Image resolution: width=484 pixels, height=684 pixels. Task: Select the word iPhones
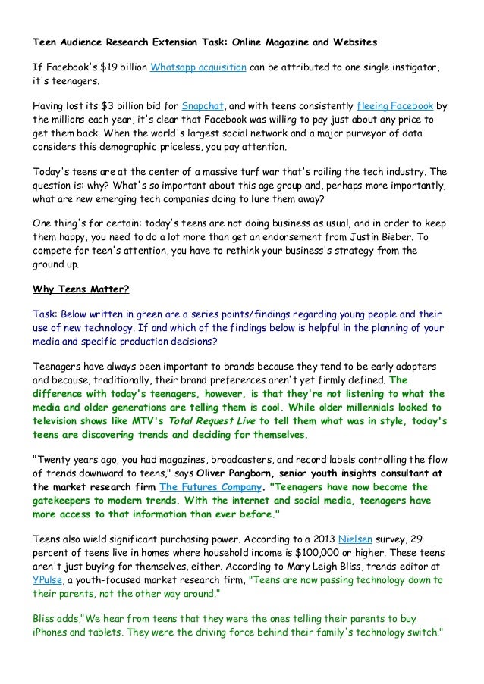click(x=51, y=632)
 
